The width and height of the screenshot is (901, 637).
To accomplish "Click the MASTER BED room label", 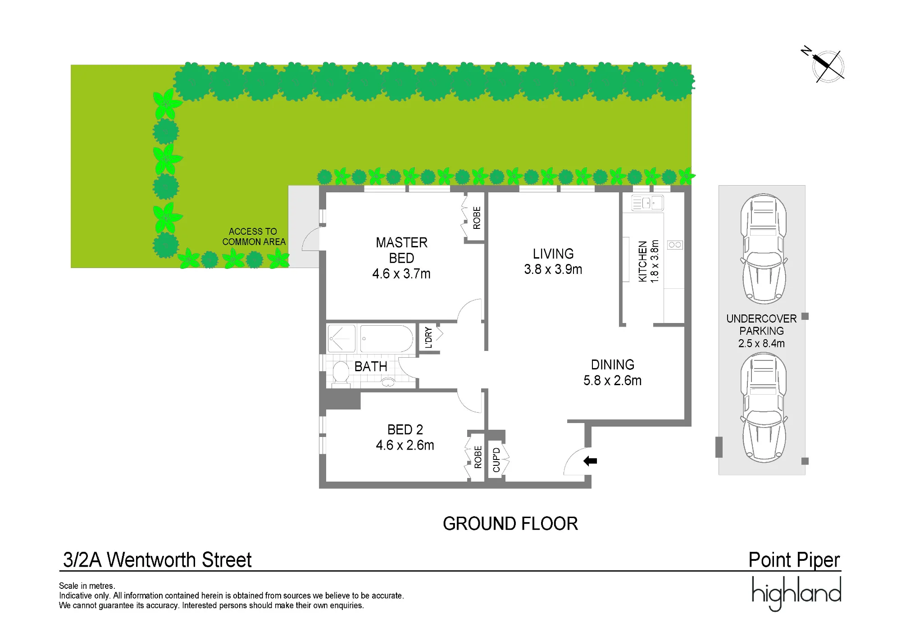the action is point(401,258).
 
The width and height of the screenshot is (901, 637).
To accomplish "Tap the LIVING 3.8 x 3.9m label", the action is point(553,262).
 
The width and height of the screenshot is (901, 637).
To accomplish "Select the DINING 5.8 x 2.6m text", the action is point(612,373).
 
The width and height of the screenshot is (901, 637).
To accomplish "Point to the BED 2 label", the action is point(405,437).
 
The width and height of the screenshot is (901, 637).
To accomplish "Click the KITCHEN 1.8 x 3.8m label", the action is point(648,261).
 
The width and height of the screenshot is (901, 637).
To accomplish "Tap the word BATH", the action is point(371,367).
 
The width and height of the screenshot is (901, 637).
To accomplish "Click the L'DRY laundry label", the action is point(428,338).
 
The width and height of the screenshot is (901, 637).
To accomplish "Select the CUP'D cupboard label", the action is point(496,460).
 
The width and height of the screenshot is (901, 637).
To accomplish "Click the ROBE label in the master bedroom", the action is point(477,218).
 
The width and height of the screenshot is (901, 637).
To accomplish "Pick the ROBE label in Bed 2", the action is point(478,457).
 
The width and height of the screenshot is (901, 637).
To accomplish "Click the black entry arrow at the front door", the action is point(590,461).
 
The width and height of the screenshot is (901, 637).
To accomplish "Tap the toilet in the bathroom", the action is point(341,374).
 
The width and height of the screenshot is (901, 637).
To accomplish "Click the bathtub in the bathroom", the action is point(387,338).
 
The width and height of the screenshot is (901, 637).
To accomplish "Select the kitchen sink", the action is point(647,203).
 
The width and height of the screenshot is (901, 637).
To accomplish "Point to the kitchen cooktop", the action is point(675,245).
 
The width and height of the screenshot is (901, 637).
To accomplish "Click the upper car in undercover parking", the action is point(764,249).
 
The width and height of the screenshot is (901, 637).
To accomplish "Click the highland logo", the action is point(796,594).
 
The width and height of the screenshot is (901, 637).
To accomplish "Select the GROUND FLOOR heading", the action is point(510,524).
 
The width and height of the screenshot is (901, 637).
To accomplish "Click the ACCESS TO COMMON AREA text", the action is point(254,237).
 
